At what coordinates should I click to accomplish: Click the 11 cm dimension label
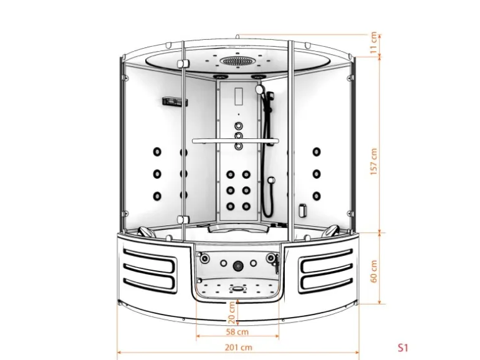coord(373,43)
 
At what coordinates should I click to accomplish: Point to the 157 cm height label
coord(373,162)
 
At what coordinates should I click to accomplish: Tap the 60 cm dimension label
coord(373,272)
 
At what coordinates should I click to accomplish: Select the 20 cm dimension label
coord(232,313)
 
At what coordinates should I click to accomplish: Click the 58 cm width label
coord(238,331)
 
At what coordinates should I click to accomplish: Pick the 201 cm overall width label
coord(239,348)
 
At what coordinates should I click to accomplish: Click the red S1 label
coord(403,348)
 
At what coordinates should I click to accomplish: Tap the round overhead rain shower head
coord(238,61)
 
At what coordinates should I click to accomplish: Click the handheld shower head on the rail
coord(259,88)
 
